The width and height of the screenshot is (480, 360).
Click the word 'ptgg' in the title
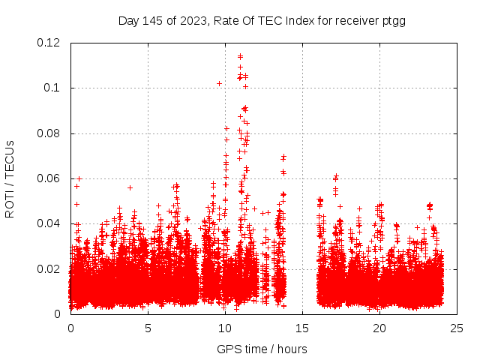(x=392, y=21)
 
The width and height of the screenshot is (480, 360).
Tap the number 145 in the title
(x=153, y=21)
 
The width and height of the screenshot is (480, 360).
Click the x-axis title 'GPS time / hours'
(x=262, y=349)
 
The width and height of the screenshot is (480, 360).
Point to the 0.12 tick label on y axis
(x=49, y=43)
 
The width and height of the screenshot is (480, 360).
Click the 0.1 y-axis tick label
(x=55, y=88)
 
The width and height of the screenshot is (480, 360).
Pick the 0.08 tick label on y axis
(x=49, y=133)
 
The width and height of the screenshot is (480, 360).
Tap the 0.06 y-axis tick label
(x=49, y=178)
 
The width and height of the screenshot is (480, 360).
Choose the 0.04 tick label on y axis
(x=49, y=223)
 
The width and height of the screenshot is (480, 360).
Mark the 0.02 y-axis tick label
(x=49, y=268)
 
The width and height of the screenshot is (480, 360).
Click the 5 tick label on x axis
(x=148, y=328)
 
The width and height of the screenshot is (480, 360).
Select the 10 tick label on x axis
(x=225, y=328)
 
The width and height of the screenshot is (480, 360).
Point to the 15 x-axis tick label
(x=302, y=328)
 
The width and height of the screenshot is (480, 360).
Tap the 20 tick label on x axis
(x=379, y=328)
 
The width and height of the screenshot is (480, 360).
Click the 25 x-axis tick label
(x=457, y=328)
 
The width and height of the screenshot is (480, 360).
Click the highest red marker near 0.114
(x=240, y=55)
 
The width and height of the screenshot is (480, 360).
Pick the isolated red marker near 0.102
(x=219, y=83)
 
